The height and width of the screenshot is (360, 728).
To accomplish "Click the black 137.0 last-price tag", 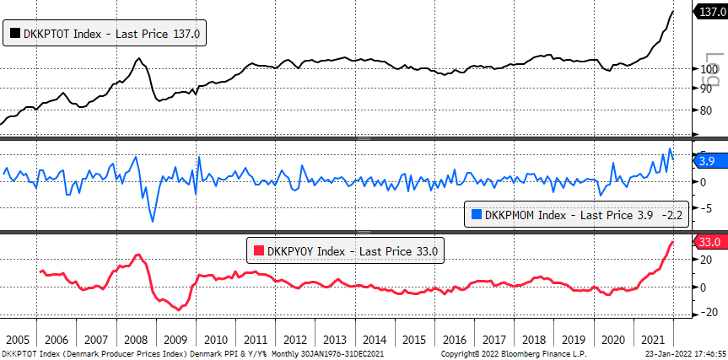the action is (709, 12).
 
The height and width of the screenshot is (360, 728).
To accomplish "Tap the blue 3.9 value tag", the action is (709, 161).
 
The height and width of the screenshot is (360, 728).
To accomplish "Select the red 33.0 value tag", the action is (709, 242).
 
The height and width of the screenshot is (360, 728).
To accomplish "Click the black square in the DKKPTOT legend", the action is (15, 33).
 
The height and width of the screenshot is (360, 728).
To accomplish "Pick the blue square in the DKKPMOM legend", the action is (477, 215).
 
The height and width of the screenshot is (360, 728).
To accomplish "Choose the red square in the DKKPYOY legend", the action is (259, 251).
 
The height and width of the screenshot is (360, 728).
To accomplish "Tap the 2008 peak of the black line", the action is (138, 58).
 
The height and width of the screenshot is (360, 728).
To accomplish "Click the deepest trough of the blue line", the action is (153, 221).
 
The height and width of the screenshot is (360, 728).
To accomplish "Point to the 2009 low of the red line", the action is (179, 310).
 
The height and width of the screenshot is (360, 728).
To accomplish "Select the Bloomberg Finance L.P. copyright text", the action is (514, 354).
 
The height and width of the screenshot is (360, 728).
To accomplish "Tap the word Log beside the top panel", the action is (713, 70).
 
